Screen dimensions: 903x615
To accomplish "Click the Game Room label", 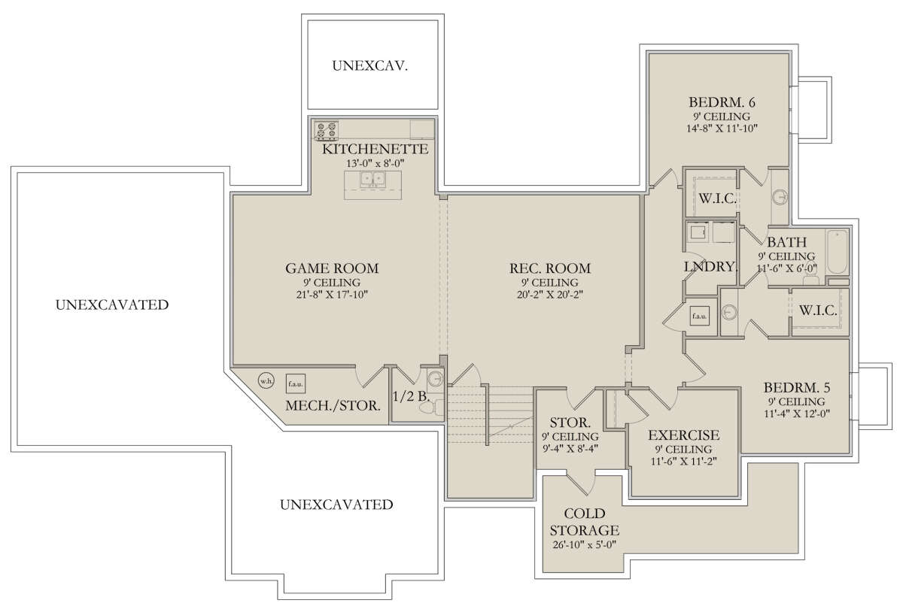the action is point(332,268).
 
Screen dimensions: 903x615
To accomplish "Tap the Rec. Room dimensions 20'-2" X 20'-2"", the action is point(550,295).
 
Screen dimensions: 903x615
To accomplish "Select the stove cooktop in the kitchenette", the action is point(326,131).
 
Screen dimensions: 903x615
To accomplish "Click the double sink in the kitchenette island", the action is point(373,179).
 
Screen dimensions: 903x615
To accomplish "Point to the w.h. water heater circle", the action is point(266,380).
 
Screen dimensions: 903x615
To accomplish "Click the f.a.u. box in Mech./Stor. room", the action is point(296,384).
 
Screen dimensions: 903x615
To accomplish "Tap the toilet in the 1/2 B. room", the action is point(430,407).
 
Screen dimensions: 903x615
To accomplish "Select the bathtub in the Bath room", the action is point(837,252).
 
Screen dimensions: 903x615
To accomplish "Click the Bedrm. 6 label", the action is point(722,102).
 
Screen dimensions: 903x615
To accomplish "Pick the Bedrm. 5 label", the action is point(797,387).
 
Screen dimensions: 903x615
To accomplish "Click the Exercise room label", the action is point(684,435).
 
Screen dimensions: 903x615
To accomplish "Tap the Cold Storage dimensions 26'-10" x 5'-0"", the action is point(585,545).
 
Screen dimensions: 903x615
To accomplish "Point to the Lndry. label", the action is point(710,266).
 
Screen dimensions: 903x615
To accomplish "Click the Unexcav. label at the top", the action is point(370,65).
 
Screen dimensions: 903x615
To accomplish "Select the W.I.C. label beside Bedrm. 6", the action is point(718,198).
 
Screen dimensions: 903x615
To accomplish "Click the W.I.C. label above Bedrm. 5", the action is point(818,310).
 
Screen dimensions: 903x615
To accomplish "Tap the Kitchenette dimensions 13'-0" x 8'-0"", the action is point(375,163).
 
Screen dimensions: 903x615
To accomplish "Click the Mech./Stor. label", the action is point(333,405).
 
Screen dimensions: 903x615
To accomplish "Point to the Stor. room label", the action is point(570,423).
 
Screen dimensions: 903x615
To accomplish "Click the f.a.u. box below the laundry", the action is point(699,316).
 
